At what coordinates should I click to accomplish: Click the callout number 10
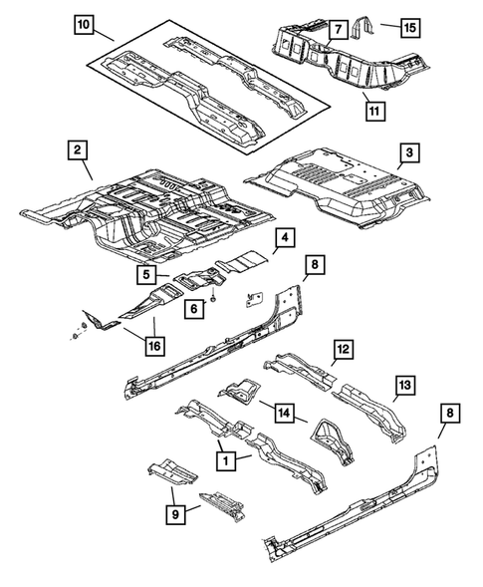(x=85, y=23)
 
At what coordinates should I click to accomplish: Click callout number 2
(x=77, y=151)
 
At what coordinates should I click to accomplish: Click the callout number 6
(x=195, y=309)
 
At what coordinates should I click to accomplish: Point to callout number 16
(x=154, y=346)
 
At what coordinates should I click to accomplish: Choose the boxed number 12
(x=342, y=349)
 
